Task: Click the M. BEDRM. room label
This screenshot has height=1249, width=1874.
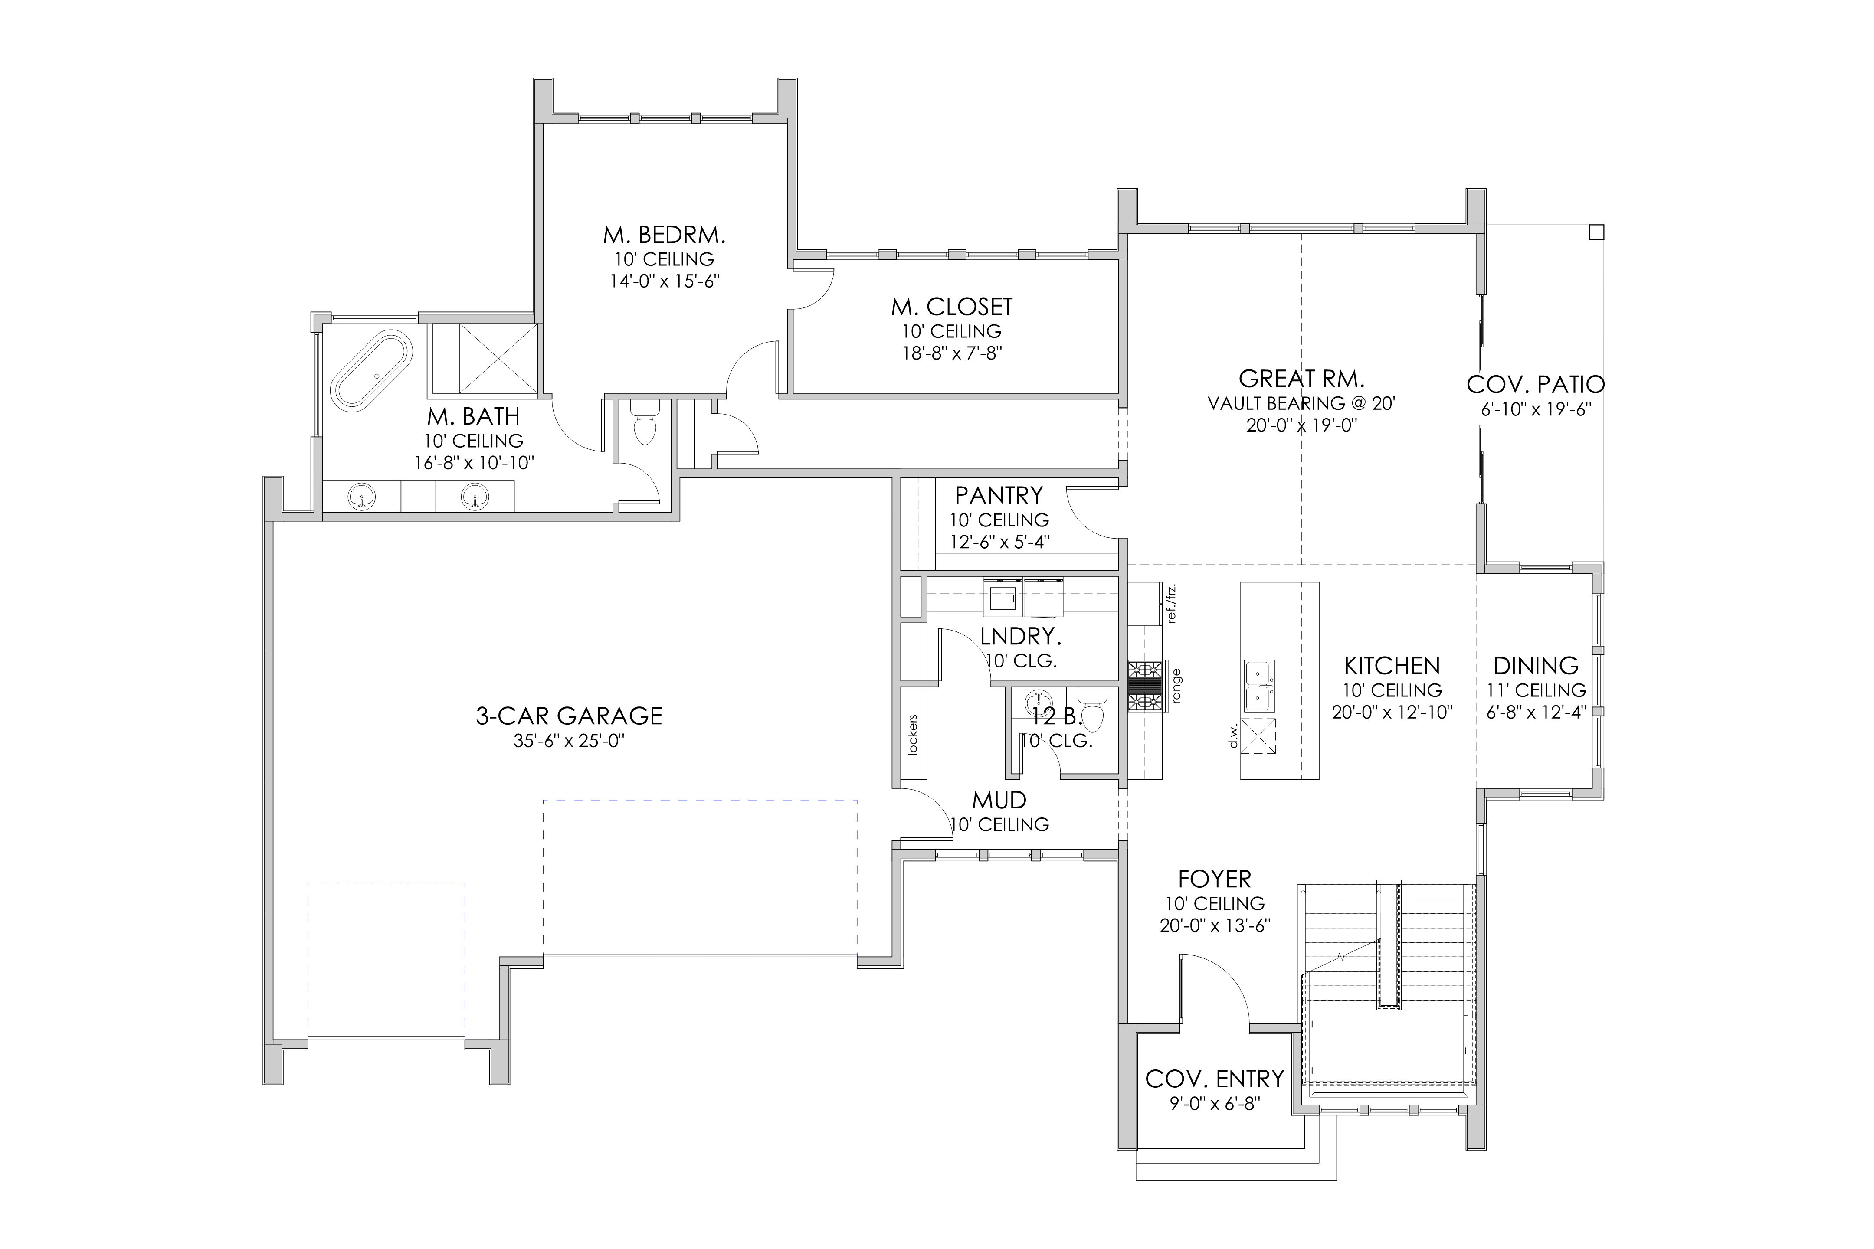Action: click(665, 235)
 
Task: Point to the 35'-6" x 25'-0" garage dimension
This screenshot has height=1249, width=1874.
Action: click(569, 741)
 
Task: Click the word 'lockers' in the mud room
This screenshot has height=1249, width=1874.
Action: click(913, 734)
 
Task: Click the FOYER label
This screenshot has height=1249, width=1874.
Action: click(1214, 880)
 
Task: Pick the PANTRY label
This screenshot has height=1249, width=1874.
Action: click(999, 495)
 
